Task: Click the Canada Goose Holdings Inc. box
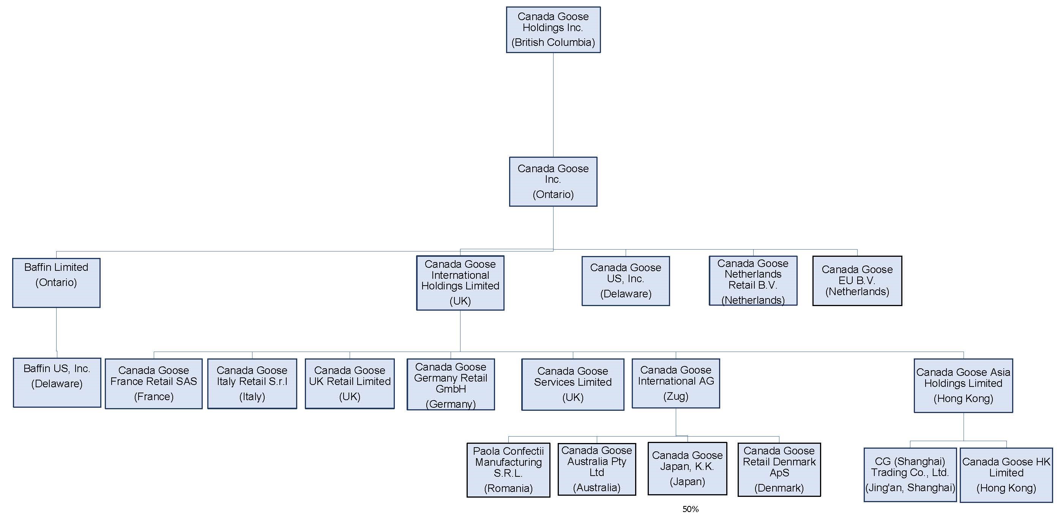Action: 553,30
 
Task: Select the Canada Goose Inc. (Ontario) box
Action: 553,181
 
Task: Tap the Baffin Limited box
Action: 56,283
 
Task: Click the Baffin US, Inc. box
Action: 57,383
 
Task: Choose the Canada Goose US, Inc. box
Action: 626,281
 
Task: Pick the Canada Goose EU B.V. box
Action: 857,281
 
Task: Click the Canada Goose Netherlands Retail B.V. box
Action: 753,281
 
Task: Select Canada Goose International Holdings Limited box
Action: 460,283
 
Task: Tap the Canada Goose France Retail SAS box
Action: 153,383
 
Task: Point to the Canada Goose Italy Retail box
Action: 252,383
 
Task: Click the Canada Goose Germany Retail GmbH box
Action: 451,384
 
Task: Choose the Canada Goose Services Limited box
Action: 573,384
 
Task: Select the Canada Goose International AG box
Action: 675,383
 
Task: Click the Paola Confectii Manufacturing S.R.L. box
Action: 508,470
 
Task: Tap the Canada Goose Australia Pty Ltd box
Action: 596,469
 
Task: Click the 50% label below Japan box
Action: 690,509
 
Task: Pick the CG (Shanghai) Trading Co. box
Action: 910,474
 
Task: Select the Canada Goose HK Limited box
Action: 1006,475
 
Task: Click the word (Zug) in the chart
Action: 675,396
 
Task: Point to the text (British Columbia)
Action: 553,42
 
